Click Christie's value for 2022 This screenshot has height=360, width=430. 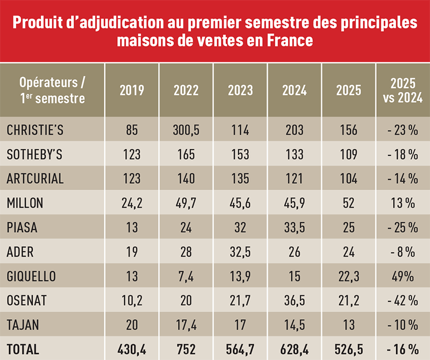[x=186, y=130]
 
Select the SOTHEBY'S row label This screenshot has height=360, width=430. [x=35, y=155]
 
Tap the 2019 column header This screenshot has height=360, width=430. [x=132, y=90]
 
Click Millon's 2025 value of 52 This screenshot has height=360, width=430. [x=348, y=203]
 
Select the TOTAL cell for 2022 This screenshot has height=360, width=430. [x=186, y=349]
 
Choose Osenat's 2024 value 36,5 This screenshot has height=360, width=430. [x=294, y=301]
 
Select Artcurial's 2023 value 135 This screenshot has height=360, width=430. [x=240, y=179]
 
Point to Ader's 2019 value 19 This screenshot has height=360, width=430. [x=132, y=252]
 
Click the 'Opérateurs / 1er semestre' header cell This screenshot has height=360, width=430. [x=52, y=90]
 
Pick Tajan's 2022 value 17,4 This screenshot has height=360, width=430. [x=186, y=325]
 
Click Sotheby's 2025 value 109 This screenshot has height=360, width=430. [x=348, y=155]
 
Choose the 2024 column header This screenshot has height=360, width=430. [x=294, y=90]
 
